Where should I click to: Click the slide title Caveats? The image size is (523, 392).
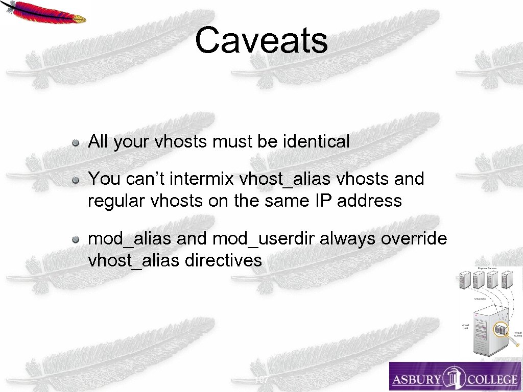[x=261, y=41]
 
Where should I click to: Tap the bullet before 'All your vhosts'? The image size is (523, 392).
[x=75, y=142]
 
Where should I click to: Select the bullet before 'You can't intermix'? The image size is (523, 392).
[x=75, y=180]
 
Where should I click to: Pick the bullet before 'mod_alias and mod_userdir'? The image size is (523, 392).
[x=75, y=239]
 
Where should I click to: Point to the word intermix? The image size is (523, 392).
[x=201, y=179]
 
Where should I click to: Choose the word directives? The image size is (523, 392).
[x=223, y=260]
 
